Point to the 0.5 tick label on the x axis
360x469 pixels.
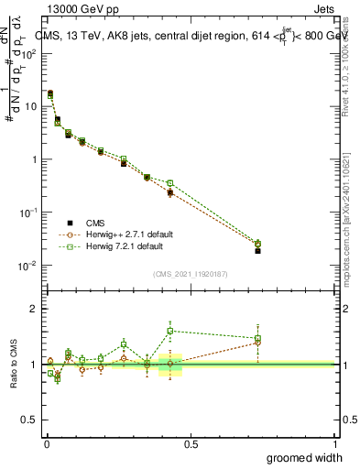191,443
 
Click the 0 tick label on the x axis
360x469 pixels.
47,443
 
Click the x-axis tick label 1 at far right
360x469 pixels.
333,443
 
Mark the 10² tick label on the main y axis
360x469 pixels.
29,53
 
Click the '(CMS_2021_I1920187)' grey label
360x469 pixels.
191,274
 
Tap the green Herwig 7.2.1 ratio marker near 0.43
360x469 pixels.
170,332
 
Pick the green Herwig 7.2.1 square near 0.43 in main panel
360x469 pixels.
170,183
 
